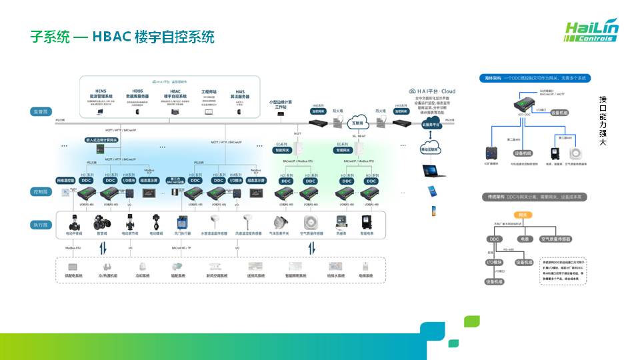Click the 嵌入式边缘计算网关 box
[x=101, y=140]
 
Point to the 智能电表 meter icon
[x=365, y=223]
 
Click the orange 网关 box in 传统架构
[x=523, y=215]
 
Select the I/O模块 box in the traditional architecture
[x=495, y=262]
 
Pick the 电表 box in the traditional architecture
[x=523, y=238]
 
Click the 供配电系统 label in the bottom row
[x=74, y=275]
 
